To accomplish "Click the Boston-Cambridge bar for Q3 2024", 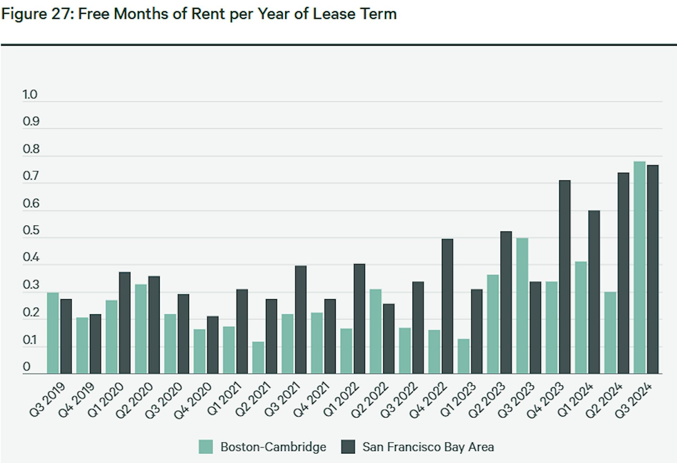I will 639,268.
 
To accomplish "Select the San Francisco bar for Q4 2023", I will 565,277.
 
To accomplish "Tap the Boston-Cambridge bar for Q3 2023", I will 522,306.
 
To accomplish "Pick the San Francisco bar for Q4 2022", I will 447,306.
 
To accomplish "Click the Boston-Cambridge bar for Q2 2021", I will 258,358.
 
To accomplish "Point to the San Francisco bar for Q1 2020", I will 124,323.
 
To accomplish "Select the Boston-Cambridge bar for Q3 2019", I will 53,333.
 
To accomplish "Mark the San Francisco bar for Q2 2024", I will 623,273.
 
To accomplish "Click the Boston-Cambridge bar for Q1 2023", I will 463,356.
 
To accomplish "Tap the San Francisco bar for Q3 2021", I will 300,320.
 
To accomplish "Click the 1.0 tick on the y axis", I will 30,94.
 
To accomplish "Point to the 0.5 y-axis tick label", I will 31,230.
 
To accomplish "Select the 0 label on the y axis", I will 27,367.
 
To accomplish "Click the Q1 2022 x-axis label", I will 341,400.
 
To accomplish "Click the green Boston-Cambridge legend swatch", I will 206,447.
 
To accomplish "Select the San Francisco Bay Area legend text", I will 428,447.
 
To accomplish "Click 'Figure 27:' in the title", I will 37,14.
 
